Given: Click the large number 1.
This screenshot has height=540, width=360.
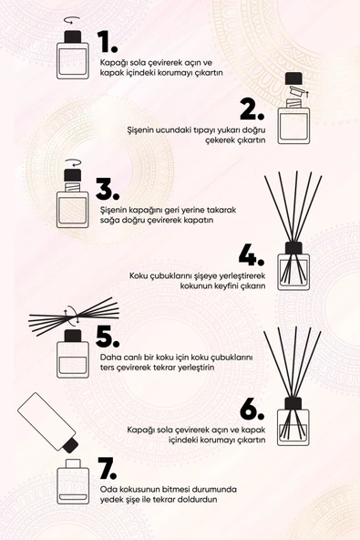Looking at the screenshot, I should tap(108, 42).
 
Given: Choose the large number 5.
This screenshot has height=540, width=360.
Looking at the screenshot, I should tap(108, 336).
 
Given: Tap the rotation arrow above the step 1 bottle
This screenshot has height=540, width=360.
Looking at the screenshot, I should tap(71, 21).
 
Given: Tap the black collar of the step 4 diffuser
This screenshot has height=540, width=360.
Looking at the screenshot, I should tap(293, 248).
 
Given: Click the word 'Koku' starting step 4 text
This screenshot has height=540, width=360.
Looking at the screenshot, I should tap(138, 275).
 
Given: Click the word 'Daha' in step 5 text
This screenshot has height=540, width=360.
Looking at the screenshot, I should tap(109, 357).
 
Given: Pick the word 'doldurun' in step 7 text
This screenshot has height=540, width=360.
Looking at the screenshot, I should tap(201, 500).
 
